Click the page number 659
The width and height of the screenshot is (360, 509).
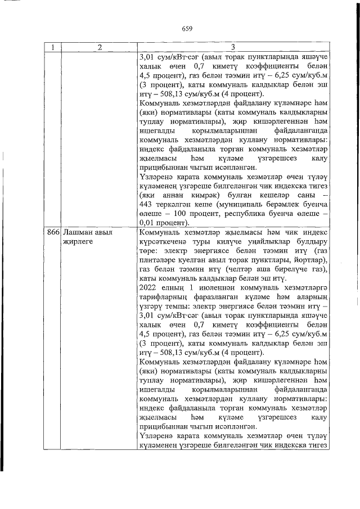pyautogui.click(x=187, y=29)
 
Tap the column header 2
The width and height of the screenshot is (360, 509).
pyautogui.click(x=98, y=47)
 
